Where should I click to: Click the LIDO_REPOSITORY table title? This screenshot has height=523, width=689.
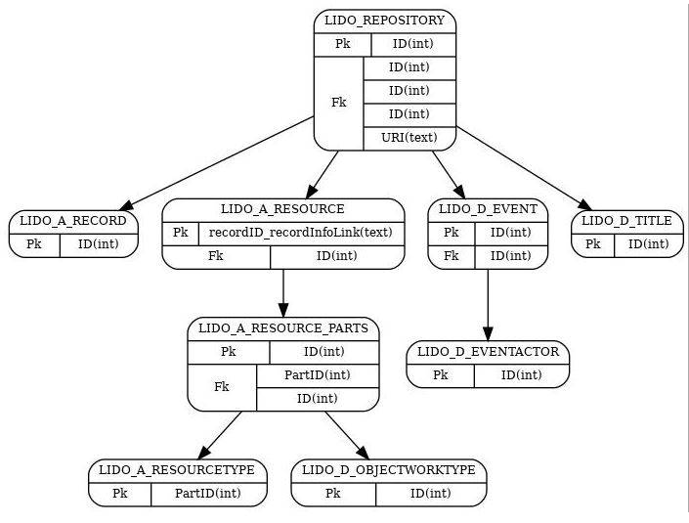pyautogui.click(x=384, y=21)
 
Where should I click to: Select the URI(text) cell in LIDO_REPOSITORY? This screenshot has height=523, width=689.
pyautogui.click(x=409, y=138)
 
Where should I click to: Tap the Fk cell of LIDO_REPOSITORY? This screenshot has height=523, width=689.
pyautogui.click(x=338, y=103)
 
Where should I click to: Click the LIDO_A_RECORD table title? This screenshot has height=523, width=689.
pyautogui.click(x=73, y=221)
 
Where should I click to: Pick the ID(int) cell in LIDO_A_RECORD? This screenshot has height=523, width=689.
pyautogui.click(x=99, y=244)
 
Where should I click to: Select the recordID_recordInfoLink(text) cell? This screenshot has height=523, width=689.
pyautogui.click(x=300, y=233)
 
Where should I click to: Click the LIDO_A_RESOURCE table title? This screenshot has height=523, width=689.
pyautogui.click(x=282, y=209)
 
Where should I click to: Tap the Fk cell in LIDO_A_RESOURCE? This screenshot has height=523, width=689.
pyautogui.click(x=216, y=256)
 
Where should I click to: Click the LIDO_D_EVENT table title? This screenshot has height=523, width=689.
pyautogui.click(x=488, y=209)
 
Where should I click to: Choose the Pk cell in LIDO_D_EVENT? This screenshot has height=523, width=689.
pyautogui.click(x=451, y=233)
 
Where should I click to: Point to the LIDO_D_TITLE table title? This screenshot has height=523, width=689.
pyautogui.click(x=626, y=221)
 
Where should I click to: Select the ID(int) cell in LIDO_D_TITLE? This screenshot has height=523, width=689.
pyautogui.click(x=648, y=244)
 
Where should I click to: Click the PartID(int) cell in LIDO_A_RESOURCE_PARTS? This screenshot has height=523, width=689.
pyautogui.click(x=317, y=375)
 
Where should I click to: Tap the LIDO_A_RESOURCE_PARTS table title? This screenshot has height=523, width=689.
pyautogui.click(x=282, y=328)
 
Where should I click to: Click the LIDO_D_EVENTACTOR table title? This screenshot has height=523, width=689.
pyautogui.click(x=488, y=352)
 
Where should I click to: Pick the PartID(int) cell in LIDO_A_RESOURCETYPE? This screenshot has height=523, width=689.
pyautogui.click(x=208, y=494)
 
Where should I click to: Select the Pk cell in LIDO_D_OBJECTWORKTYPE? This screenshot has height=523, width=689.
pyautogui.click(x=332, y=494)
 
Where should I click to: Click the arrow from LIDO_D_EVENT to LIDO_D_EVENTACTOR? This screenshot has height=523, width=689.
pyautogui.click(x=488, y=303)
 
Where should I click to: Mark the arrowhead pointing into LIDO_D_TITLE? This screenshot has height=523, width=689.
pyautogui.click(x=585, y=205)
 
